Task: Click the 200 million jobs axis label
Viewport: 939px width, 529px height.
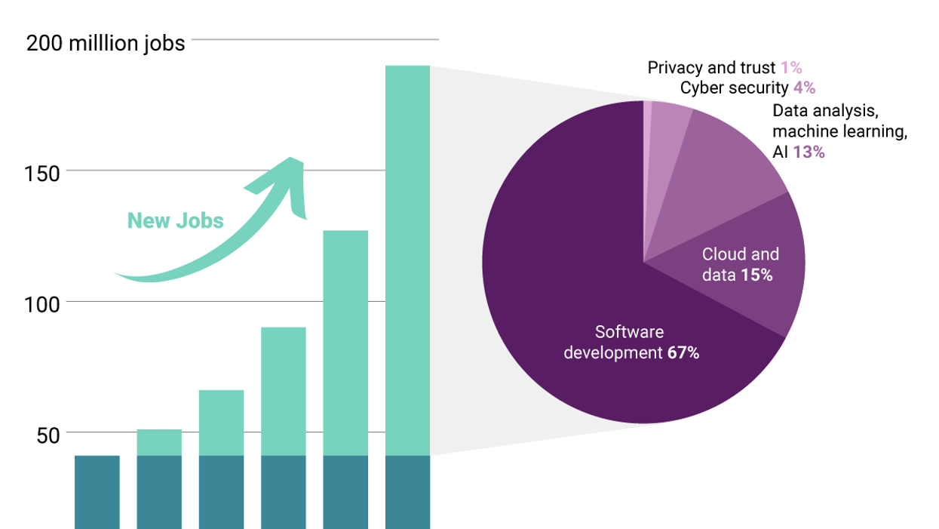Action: point(106,43)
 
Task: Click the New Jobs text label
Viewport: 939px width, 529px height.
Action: point(176,220)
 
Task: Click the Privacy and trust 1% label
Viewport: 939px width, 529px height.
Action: point(724,68)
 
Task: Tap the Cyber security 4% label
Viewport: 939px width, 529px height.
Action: point(747,88)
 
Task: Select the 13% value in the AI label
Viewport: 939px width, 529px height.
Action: point(809,152)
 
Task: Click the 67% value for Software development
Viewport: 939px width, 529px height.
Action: point(683,352)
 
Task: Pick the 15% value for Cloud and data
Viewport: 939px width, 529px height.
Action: point(756,275)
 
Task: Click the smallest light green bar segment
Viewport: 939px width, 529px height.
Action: point(159,442)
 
